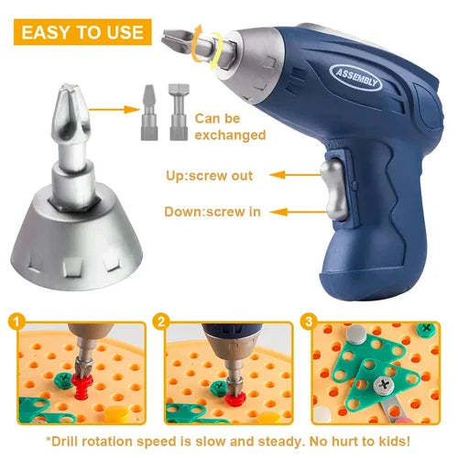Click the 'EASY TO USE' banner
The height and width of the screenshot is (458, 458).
pyautogui.click(x=82, y=33)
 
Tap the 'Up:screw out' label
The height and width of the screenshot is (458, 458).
pyautogui.click(x=208, y=175)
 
